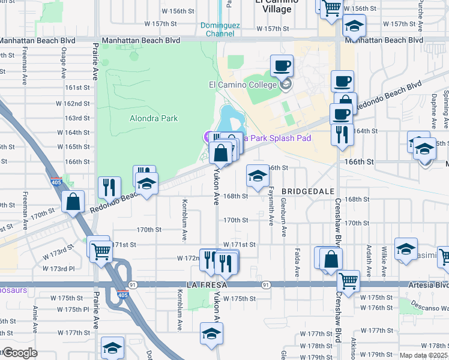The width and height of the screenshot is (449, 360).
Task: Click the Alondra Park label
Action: coord(154,118)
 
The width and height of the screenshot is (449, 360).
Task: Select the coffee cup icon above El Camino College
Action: coord(281,65)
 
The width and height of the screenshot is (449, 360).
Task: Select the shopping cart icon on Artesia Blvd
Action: coord(348,280)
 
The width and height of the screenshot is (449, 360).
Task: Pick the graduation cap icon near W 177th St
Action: coord(211,333)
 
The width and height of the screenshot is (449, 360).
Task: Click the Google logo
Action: coord(19,353)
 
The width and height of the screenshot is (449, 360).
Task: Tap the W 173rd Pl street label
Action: coord(59,268)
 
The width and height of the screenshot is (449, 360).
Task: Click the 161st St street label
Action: coord(77,88)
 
